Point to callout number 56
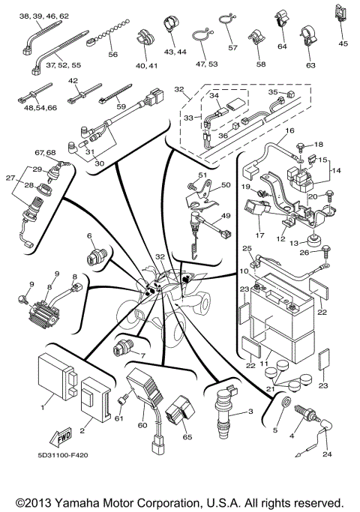(112, 55)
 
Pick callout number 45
(343, 43)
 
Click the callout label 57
(232, 47)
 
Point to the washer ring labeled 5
(284, 404)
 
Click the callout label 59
(121, 106)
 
